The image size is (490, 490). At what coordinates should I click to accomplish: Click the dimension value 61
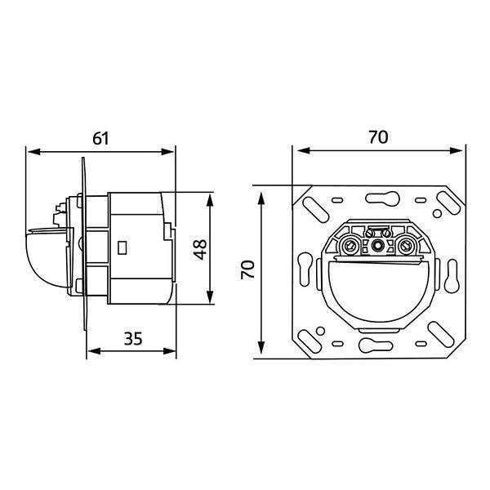[x=100, y=138]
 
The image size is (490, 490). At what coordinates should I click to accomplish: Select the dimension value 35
[x=133, y=338]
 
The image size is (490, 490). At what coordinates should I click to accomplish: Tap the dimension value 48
[x=200, y=249]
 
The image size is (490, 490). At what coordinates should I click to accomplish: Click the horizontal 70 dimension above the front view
[x=378, y=137]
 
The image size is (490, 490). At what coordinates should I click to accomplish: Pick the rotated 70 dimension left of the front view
[x=247, y=269]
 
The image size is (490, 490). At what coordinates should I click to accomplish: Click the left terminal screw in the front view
[x=350, y=247]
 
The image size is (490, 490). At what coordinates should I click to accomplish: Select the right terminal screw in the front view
[x=405, y=247]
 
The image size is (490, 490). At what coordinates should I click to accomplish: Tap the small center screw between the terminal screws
[x=378, y=246]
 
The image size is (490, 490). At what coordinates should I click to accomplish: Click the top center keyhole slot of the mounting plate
[x=382, y=198]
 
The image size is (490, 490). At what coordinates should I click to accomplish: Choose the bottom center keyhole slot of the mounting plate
[x=376, y=345]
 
